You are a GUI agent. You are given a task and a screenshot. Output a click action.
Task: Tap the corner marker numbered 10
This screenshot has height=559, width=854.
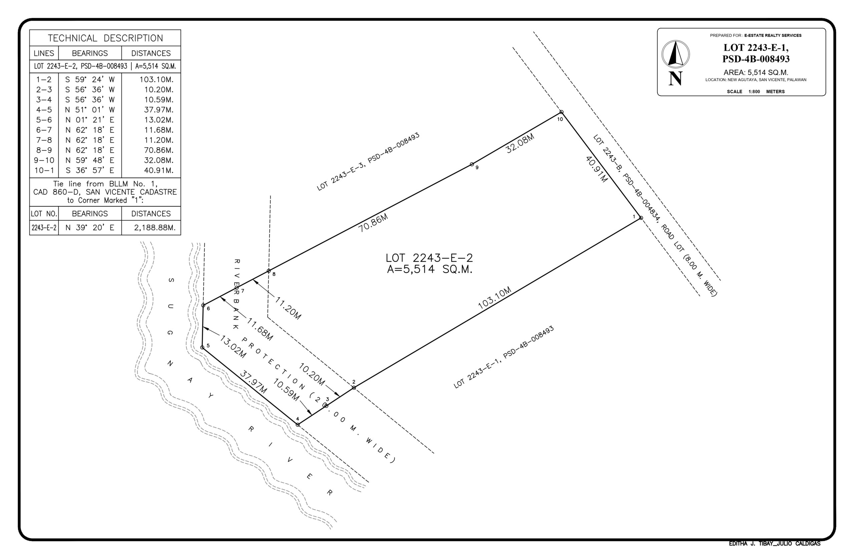(x=561, y=112)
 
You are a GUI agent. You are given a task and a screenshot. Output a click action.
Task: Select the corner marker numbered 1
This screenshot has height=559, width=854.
(x=641, y=218)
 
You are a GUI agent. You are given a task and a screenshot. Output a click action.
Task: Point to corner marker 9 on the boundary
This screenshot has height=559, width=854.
(x=472, y=165)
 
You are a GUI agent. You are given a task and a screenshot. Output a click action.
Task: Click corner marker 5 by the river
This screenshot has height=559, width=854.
(x=202, y=347)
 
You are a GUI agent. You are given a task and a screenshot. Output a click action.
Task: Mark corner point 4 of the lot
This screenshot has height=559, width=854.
(x=298, y=425)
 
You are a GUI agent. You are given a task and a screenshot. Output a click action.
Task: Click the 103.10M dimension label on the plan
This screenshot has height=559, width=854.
(x=494, y=298)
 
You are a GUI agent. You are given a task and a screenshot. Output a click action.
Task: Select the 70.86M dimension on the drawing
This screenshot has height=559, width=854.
(x=373, y=223)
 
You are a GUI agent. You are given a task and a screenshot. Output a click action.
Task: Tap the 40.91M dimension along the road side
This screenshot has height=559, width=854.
(x=596, y=169)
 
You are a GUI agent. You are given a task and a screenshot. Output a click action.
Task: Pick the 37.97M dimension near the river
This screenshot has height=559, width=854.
(x=253, y=382)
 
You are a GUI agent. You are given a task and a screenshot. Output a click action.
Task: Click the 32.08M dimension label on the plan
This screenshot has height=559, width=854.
(x=520, y=143)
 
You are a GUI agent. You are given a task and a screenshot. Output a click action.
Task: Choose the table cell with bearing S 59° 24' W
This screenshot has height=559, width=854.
(x=90, y=79)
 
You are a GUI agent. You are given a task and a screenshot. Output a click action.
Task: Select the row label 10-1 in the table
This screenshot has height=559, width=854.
(x=44, y=170)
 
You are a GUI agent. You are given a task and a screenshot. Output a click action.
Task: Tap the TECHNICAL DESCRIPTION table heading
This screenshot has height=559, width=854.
(x=105, y=38)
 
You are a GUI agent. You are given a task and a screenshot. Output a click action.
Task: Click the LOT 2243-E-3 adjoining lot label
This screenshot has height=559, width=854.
(x=368, y=162)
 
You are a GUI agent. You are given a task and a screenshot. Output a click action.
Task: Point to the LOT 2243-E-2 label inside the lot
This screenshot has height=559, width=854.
(x=429, y=258)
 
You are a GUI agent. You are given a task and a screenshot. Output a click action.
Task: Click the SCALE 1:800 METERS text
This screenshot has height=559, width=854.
(x=755, y=91)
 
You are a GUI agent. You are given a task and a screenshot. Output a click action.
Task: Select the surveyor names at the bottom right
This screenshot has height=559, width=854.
(x=774, y=544)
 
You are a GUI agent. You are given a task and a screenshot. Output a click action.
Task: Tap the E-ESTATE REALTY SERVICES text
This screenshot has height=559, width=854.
(x=773, y=35)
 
